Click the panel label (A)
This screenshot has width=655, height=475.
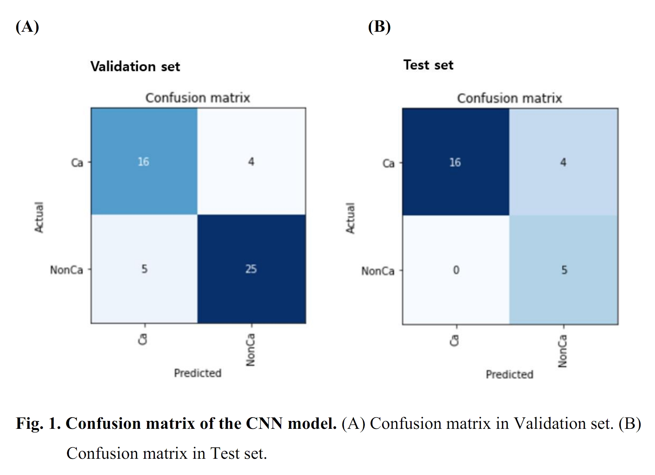pyautogui.click(x=27, y=27)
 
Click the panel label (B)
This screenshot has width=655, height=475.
pyautogui.click(x=379, y=27)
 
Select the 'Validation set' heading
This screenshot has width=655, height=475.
pyautogui.click(x=135, y=66)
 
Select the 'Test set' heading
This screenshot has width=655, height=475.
pyautogui.click(x=428, y=65)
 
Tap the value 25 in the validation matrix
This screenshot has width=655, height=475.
pyautogui.click(x=251, y=269)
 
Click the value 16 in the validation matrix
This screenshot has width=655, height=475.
pyautogui.click(x=143, y=162)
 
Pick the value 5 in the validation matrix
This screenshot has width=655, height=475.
pyautogui.click(x=144, y=269)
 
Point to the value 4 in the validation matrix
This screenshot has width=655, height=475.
pyautogui.click(x=251, y=162)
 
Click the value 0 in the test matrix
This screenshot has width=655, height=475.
pyautogui.click(x=456, y=270)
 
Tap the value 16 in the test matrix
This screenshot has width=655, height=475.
pyautogui.click(x=455, y=163)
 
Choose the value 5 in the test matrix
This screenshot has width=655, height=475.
pyautogui.click(x=564, y=270)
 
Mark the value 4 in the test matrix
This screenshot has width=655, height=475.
pyautogui.click(x=563, y=163)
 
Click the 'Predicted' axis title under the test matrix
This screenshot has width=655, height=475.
pyautogui.click(x=509, y=374)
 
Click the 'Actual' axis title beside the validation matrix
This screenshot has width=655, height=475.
pyautogui.click(x=39, y=217)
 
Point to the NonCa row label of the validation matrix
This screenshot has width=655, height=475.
pyautogui.click(x=66, y=270)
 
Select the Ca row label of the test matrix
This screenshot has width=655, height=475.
pyautogui.click(x=388, y=164)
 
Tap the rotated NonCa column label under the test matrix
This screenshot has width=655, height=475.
pyautogui.click(x=562, y=351)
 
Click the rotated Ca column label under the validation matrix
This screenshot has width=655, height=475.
pyautogui.click(x=143, y=339)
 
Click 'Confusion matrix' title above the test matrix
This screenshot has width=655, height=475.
pyautogui.click(x=509, y=98)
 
